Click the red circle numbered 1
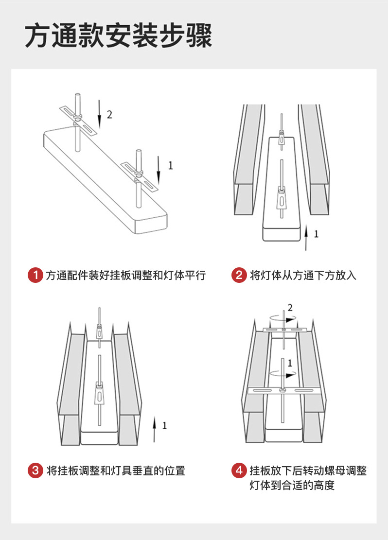35,275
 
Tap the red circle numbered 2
239,275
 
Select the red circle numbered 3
35,470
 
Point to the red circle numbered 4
239,470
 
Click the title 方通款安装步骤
118,36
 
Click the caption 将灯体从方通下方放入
303,276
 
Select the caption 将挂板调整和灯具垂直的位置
116,471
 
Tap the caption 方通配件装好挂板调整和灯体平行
126,276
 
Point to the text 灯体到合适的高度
292,485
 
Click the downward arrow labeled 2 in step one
99,114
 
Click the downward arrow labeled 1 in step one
159,170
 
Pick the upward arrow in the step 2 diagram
306,238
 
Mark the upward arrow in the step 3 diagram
154,429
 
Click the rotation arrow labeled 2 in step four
283,319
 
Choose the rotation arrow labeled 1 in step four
283,373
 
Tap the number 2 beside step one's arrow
109,115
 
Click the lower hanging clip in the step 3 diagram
99,394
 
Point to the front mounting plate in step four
283,390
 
